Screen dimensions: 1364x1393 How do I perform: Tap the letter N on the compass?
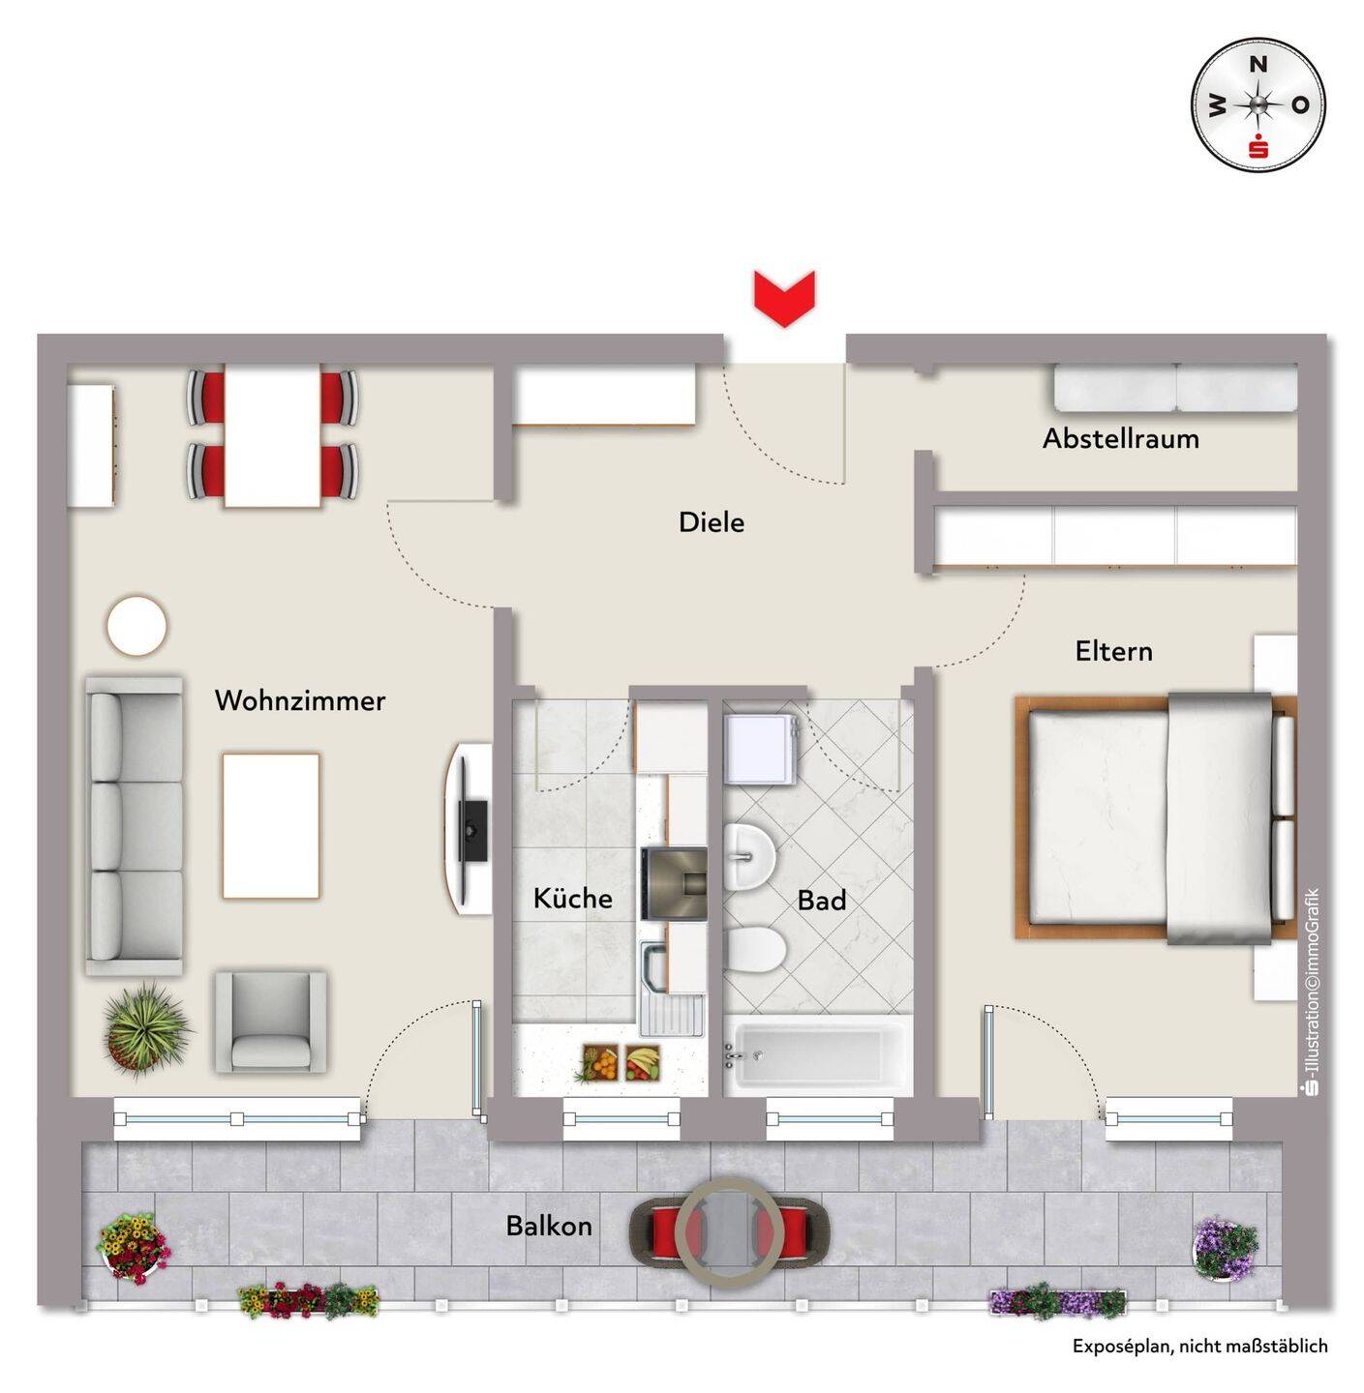tap(1258, 65)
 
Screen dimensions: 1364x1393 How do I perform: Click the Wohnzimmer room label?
tap(300, 700)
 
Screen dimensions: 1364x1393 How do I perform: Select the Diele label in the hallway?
tap(712, 522)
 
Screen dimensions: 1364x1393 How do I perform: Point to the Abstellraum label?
tap(1120, 439)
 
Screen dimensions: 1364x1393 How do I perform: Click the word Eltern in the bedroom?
tap(1114, 651)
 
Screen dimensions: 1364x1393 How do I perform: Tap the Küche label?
tap(573, 899)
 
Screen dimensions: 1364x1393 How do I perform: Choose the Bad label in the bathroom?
tap(822, 901)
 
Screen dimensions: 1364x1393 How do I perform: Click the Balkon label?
tap(549, 1227)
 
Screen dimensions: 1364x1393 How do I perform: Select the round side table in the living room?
tap(136, 626)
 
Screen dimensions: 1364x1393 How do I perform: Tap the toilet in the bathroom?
tap(755, 949)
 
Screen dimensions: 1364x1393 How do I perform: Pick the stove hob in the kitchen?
tap(674, 883)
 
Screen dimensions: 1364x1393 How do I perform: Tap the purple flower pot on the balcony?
tap(1226, 1247)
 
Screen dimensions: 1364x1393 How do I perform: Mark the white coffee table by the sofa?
tap(271, 825)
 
